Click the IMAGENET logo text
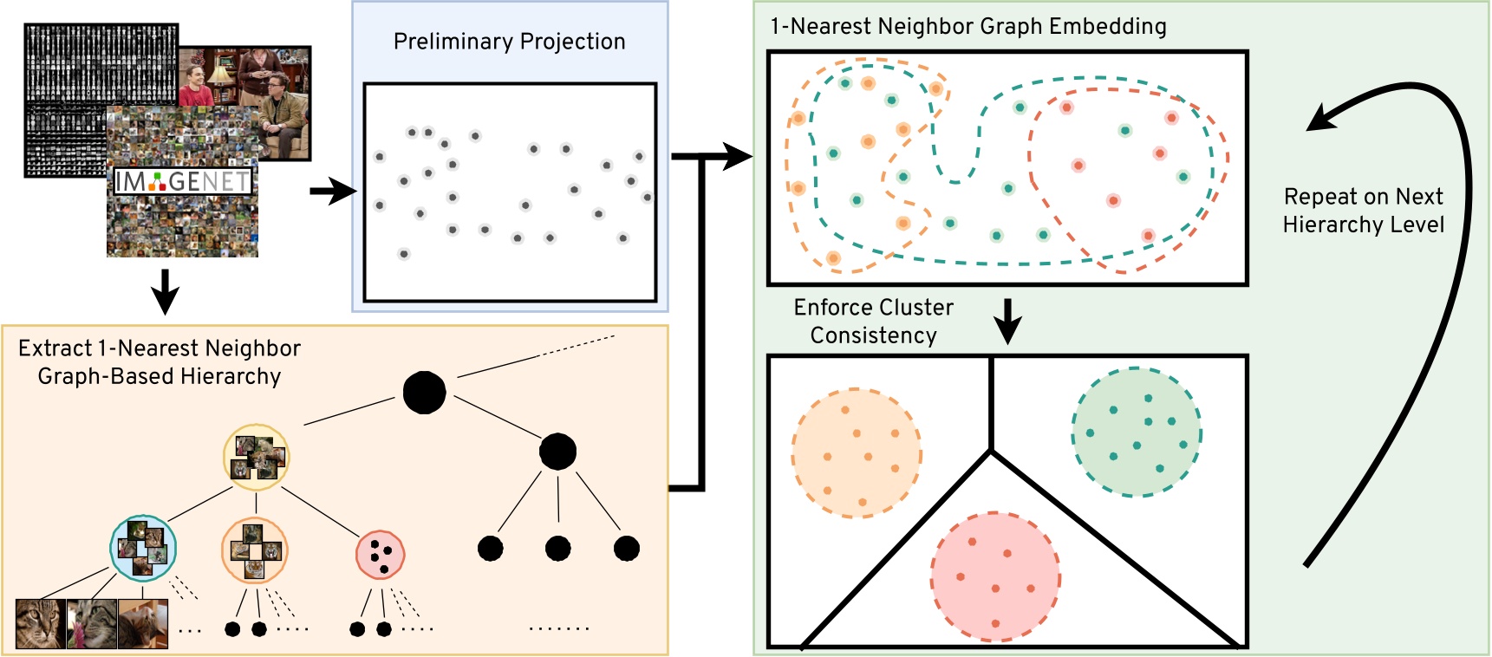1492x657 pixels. click(x=182, y=181)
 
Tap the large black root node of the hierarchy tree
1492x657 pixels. click(x=424, y=393)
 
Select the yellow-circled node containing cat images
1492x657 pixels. click(x=256, y=457)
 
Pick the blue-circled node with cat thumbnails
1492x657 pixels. click(x=143, y=548)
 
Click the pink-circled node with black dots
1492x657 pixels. click(x=380, y=556)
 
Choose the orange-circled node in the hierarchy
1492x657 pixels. click(x=254, y=550)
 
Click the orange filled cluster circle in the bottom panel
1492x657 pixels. click(x=856, y=452)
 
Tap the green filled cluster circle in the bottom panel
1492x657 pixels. click(x=1136, y=432)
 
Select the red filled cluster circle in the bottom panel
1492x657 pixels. click(x=995, y=576)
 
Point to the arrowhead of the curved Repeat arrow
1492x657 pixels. click(x=1319, y=120)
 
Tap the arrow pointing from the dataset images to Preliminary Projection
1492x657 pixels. click(x=332, y=192)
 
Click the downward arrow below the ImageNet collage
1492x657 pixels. click(x=165, y=292)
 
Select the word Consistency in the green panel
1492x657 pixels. click(x=873, y=335)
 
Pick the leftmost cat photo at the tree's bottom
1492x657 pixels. click(x=40, y=624)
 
